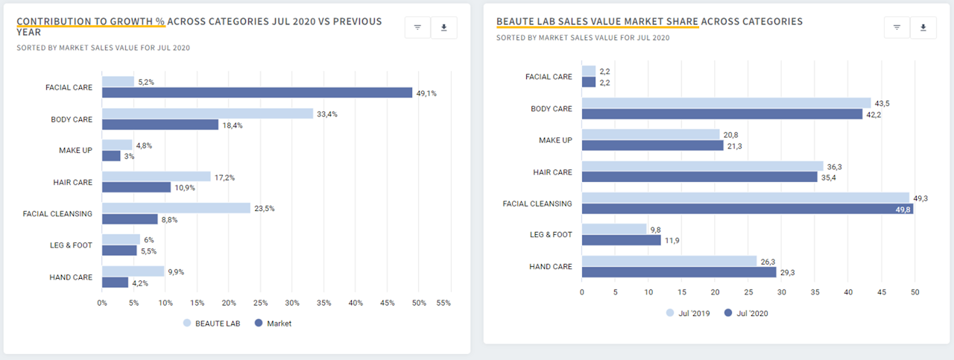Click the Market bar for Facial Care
tap(256, 93)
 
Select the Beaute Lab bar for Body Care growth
tap(207, 113)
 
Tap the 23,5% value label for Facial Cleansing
tap(265, 209)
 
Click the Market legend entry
tap(274, 323)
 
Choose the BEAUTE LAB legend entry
tap(211, 323)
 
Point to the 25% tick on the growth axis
tap(260, 303)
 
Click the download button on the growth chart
tap(444, 28)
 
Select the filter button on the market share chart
tap(897, 28)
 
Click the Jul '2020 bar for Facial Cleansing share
tap(747, 209)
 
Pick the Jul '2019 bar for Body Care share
tap(726, 103)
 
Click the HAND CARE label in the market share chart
tap(551, 267)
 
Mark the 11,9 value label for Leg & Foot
tap(672, 241)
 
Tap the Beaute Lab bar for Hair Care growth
tap(156, 177)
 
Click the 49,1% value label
tap(426, 94)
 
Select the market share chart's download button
tap(923, 28)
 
